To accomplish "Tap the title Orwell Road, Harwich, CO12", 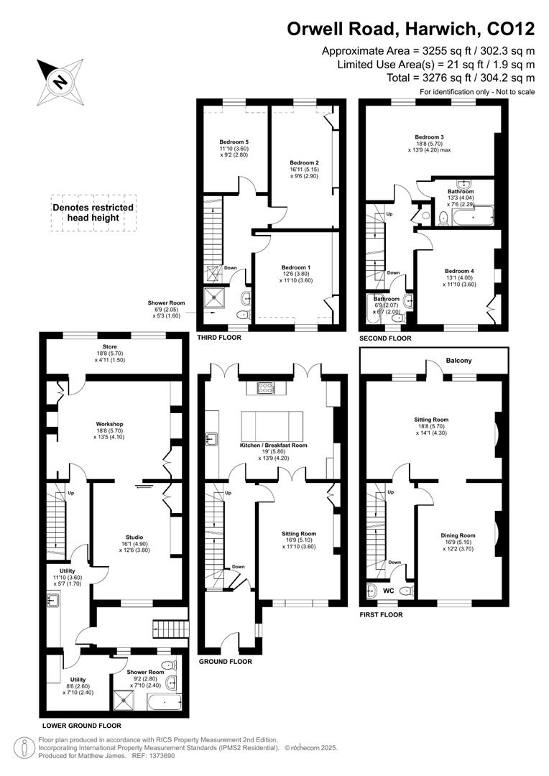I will pos(410,29).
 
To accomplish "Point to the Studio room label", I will pos(134,537).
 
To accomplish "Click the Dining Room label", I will pos(458,535).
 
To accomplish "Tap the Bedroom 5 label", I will pos(234,142).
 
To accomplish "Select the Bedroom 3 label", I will pos(429,137).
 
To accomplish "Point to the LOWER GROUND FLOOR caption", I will pos(81,726).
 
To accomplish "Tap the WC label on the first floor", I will pos(388,591).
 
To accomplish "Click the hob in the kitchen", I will pos(264,388).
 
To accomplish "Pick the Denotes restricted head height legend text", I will pos(93,212).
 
